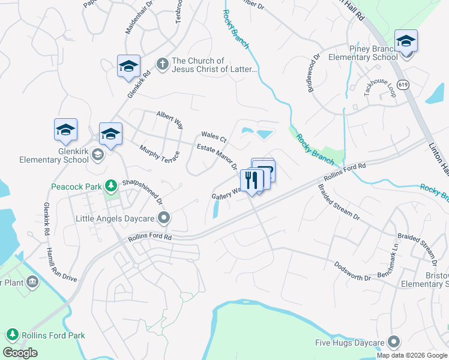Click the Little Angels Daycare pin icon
166,218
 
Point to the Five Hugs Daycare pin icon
394,343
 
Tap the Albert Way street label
170,119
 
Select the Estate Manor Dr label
218,156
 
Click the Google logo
20,353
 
